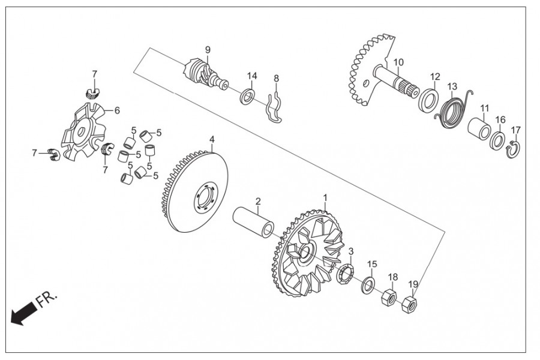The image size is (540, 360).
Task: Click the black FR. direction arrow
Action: coord(23,312)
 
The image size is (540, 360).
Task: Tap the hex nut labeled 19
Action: coord(409,304)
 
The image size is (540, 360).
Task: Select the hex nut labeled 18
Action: coord(388,295)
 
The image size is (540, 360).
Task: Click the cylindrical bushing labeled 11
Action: coord(479,128)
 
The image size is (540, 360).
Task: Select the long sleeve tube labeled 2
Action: coord(254,223)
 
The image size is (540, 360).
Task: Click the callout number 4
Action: coord(212,140)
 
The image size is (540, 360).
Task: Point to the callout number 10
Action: coord(398,62)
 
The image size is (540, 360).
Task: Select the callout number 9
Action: coord(208,50)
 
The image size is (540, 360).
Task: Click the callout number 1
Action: coord(325,198)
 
